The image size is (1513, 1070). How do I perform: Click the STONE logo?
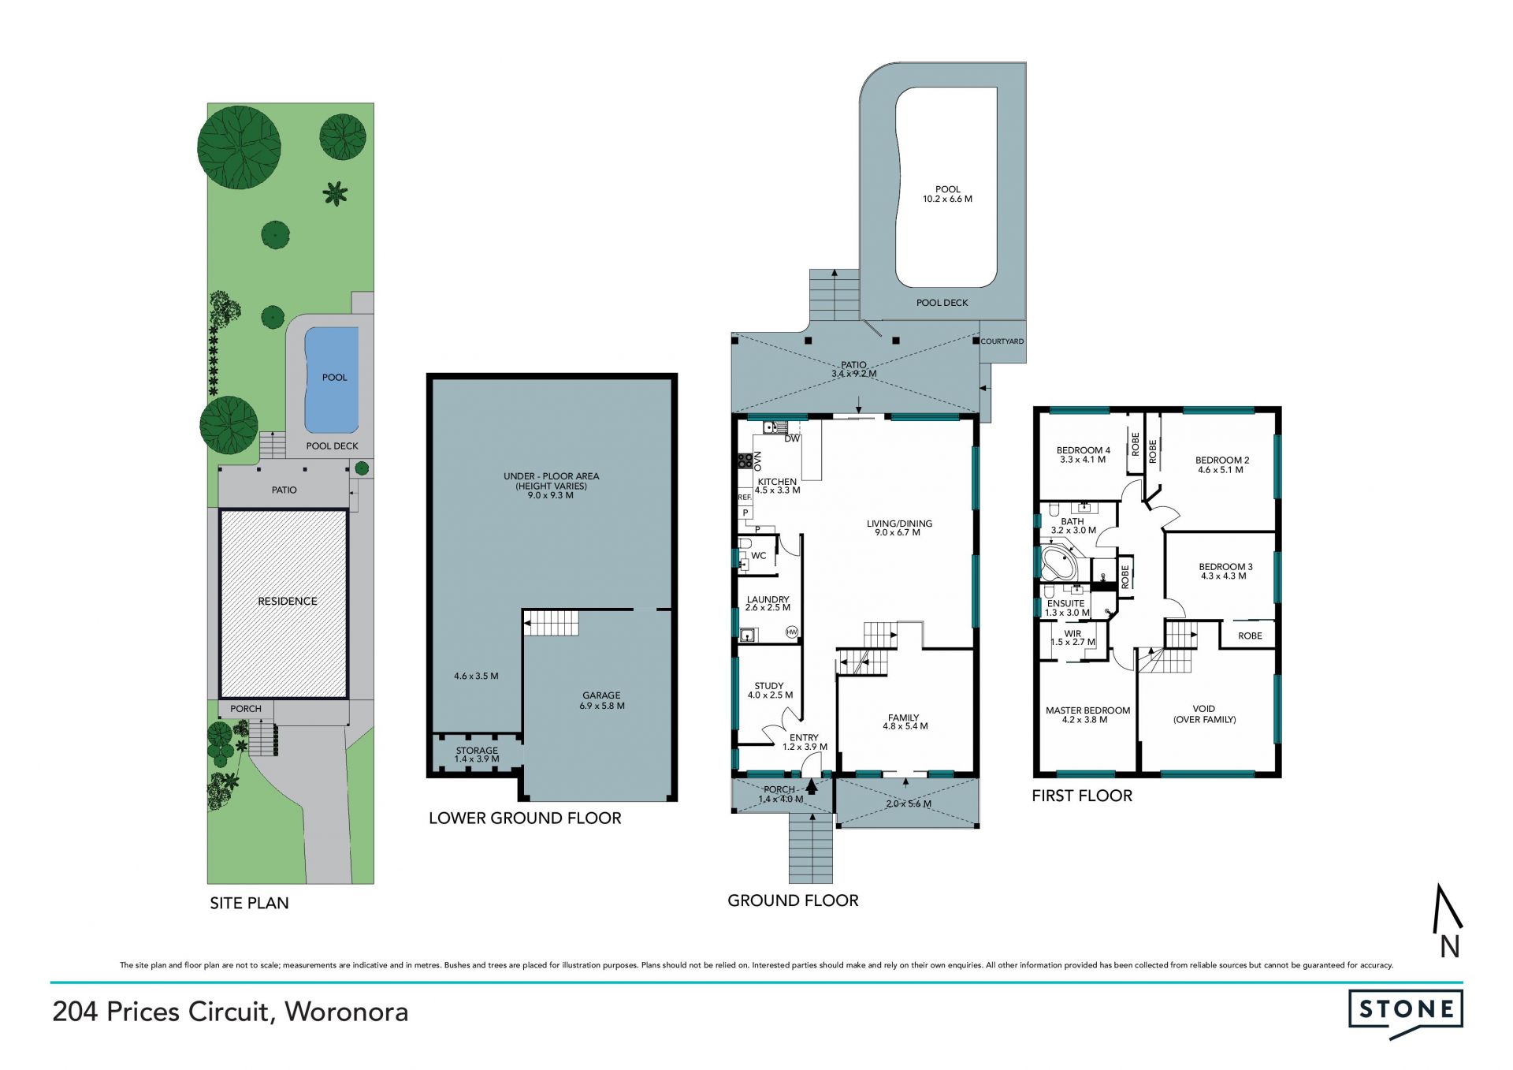[x=1406, y=1012]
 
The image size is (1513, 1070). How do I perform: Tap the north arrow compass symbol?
[x=1448, y=920]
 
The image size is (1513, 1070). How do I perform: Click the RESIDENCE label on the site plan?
[x=288, y=601]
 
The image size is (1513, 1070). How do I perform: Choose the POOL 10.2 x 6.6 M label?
[x=948, y=194]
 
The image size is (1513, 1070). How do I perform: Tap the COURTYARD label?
[x=1002, y=341]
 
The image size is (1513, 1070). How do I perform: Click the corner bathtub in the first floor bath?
[x=1058, y=562]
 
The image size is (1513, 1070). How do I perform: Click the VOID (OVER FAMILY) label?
[x=1204, y=714]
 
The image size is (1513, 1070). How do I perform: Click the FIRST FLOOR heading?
[x=1082, y=796]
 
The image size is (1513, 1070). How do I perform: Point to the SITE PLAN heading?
[x=249, y=903]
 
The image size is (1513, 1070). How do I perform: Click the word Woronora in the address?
[x=347, y=1012]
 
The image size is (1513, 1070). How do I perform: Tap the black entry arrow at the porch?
[x=812, y=786]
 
